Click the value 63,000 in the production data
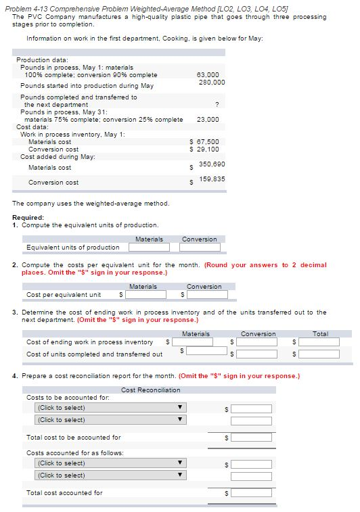point(207,74)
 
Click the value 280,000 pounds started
point(212,82)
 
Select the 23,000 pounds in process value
point(207,119)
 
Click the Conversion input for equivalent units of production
point(200,248)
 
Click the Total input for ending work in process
point(320,342)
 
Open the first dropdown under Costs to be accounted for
point(109,408)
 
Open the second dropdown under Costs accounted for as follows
point(109,475)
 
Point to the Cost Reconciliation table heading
point(151,390)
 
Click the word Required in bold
point(28,217)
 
